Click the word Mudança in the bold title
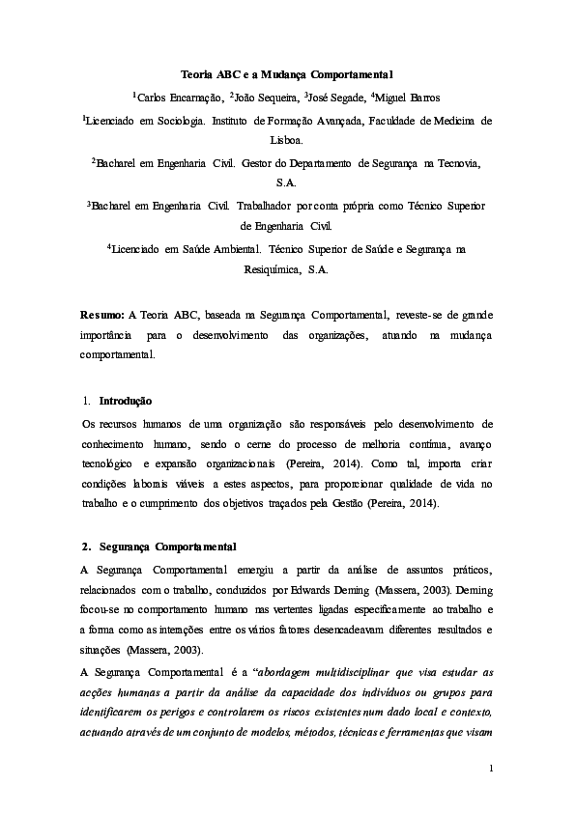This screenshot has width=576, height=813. (274, 74)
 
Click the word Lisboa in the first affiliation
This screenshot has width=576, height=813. (287, 139)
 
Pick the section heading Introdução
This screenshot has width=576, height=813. (125, 401)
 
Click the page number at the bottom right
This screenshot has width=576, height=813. (491, 769)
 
